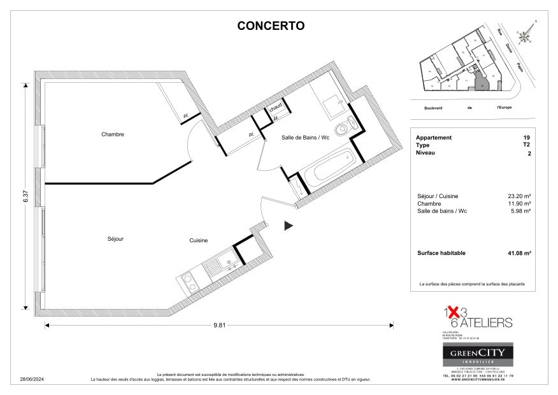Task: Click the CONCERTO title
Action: coord(271,26)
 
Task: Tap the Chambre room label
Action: coord(112,134)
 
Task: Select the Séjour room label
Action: coord(115,239)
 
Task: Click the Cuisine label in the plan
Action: coord(198,240)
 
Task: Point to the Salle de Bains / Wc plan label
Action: coord(305,138)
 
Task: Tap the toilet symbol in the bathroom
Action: coord(345,127)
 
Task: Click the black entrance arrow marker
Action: coord(288,225)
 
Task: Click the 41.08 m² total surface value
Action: coord(519,253)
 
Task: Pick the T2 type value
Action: coord(526,145)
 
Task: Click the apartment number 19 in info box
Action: coord(526,138)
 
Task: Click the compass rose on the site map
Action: coord(526,36)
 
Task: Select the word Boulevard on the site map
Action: coord(433,108)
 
